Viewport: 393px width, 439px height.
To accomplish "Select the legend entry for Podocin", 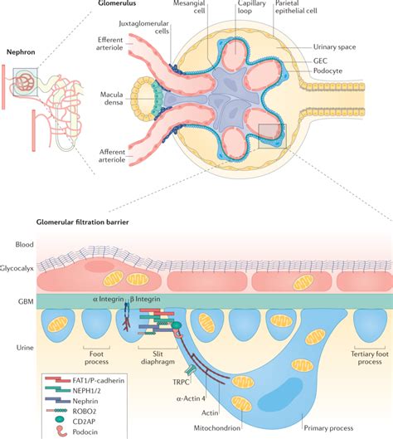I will [x=80, y=431].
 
